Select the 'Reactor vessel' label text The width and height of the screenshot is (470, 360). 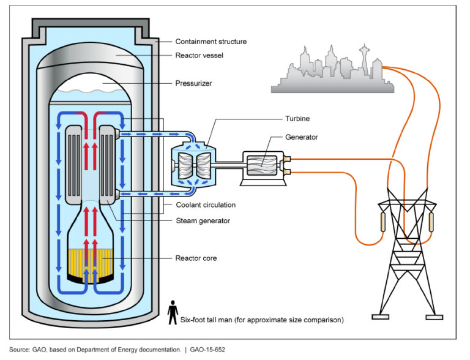199,55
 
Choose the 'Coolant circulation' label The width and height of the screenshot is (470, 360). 205,204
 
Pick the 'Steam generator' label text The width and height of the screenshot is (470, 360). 203,220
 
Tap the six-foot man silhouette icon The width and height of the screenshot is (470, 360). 173,310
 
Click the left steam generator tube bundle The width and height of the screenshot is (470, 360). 73,167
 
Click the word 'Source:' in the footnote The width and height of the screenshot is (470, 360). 21,350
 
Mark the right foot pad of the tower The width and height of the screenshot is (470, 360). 434,317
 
